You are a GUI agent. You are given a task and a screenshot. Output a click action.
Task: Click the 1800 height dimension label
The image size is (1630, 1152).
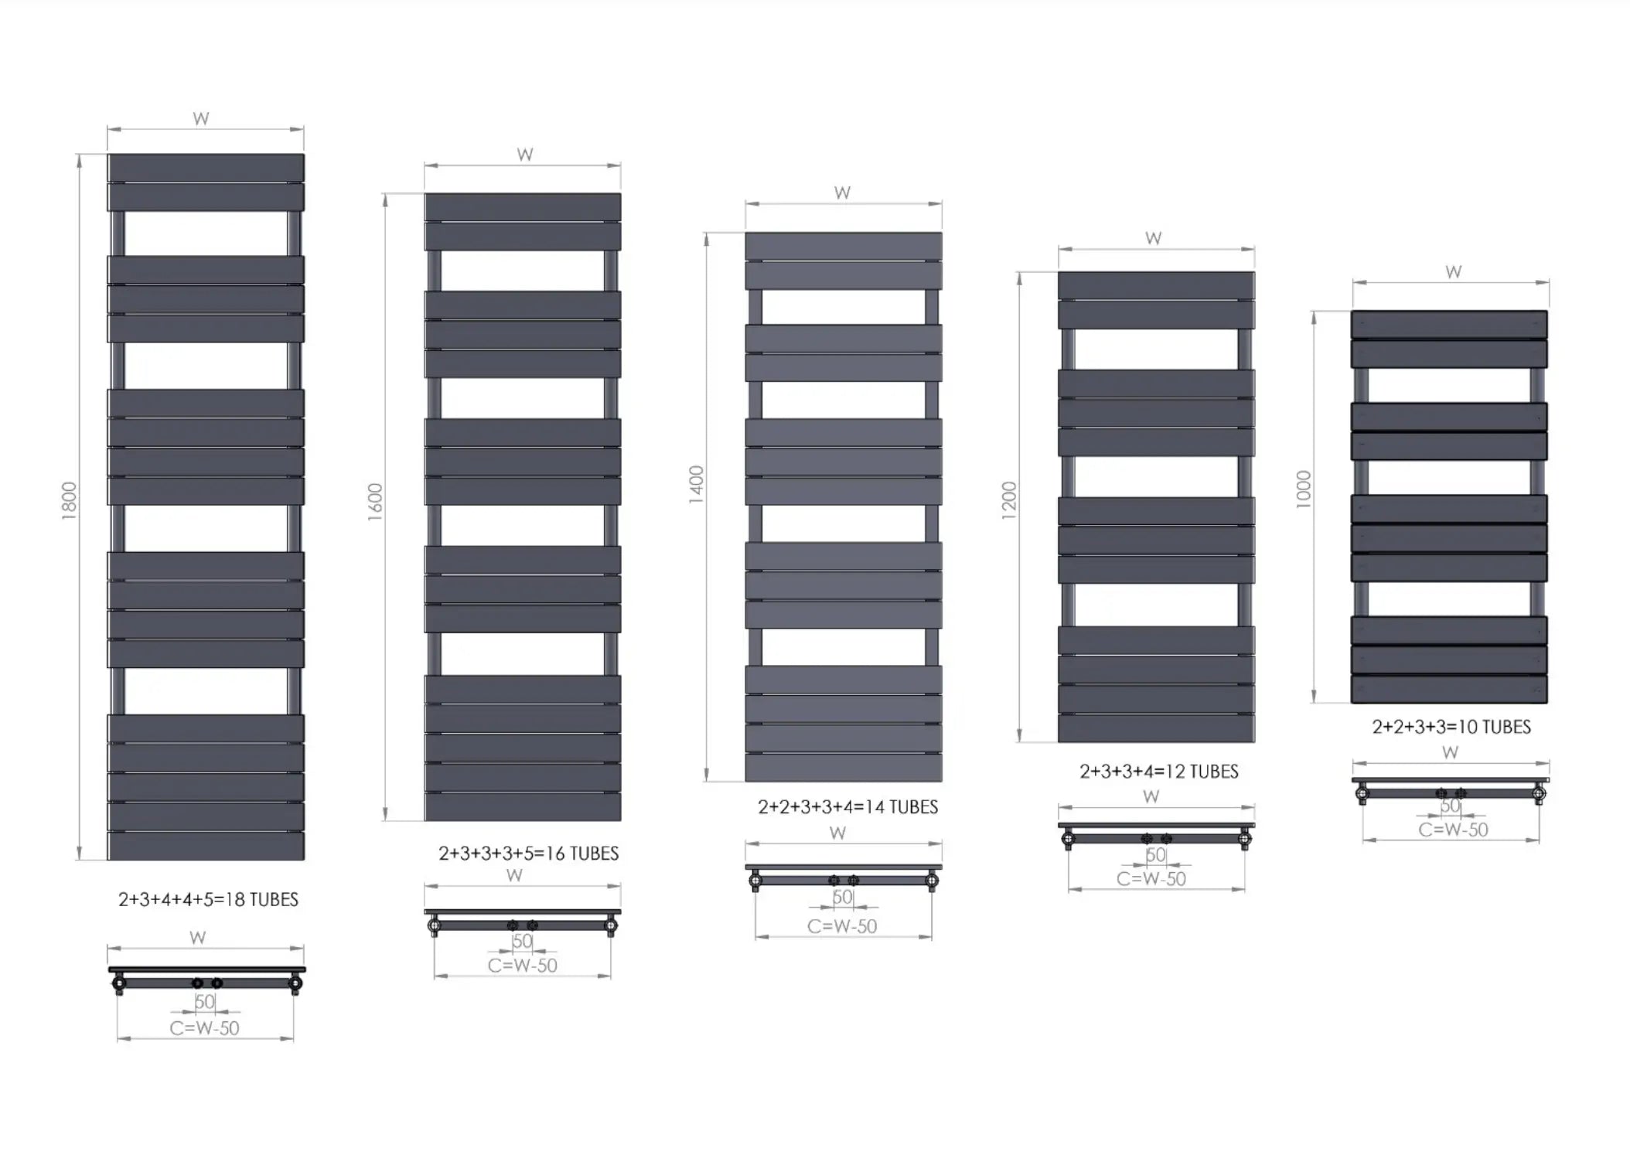pos(69,501)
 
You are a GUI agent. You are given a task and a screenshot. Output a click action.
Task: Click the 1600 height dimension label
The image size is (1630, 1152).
pos(375,502)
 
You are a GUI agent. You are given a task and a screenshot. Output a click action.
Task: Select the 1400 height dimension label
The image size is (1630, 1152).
pos(697,485)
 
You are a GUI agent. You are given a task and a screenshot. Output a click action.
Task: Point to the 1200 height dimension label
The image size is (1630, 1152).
pos(1009,500)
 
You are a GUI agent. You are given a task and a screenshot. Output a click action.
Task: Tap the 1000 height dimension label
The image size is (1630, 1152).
pos(1304,489)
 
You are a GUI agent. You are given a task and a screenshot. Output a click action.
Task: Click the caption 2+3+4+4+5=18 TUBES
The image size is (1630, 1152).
pos(208,899)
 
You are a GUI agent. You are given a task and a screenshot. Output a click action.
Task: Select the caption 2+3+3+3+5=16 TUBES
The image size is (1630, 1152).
pos(529,854)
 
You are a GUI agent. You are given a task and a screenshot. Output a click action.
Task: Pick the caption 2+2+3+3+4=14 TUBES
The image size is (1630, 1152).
pos(847,807)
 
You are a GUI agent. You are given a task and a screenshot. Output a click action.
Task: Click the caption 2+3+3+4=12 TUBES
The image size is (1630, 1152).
pos(1159,772)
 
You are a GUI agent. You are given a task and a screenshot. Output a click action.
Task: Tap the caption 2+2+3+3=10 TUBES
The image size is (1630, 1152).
pos(1451,727)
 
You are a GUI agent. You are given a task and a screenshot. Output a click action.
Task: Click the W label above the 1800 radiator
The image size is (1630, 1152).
pos(201,119)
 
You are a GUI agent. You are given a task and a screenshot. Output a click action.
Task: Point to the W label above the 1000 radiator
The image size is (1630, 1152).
pos(1454,272)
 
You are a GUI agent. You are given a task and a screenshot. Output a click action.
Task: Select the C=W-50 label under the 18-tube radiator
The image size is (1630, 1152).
pos(205,1028)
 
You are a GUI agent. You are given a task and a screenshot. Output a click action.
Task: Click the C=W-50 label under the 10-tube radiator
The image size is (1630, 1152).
pos(1453,830)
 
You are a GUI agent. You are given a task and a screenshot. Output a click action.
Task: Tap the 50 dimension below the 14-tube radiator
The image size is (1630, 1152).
pos(843,897)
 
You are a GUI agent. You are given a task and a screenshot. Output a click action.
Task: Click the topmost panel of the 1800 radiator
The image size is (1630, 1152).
pos(206,167)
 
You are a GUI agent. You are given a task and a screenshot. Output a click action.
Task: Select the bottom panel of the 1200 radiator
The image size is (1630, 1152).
pos(1156,728)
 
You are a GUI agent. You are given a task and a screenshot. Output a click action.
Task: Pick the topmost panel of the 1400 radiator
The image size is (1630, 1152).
pos(844,246)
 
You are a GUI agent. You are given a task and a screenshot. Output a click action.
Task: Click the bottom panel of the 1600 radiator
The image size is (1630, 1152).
pos(523,806)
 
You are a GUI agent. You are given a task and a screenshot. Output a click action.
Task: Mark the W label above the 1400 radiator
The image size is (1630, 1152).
pos(843,193)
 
